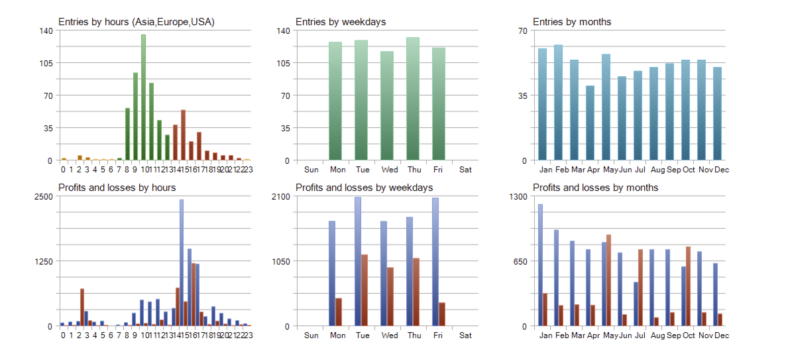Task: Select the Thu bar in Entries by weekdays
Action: click(413, 99)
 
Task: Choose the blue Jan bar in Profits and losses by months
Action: click(540, 265)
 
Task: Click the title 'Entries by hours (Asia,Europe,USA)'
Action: click(137, 22)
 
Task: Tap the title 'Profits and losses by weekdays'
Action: click(364, 188)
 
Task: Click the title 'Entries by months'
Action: click(572, 22)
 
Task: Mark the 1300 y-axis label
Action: click(518, 197)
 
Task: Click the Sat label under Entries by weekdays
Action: click(465, 170)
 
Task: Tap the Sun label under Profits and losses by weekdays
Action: click(311, 335)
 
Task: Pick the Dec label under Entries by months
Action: click(722, 170)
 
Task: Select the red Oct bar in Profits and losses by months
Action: click(688, 286)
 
